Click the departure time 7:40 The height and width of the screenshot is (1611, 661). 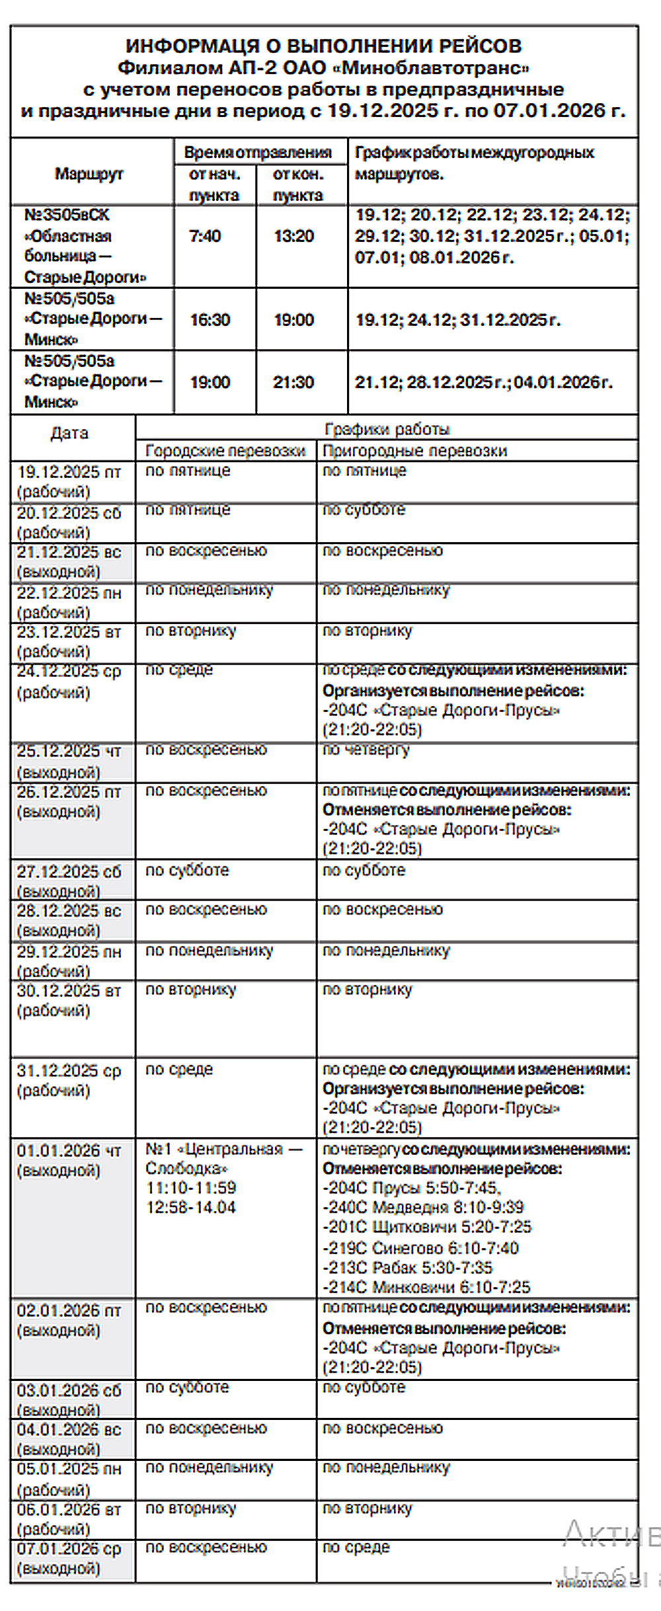click(205, 237)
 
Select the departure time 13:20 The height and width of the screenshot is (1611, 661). click(294, 237)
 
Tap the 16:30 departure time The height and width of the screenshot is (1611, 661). click(210, 320)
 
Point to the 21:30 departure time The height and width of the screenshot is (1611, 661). click(293, 382)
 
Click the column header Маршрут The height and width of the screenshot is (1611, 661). click(89, 174)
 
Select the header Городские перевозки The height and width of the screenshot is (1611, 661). click(225, 451)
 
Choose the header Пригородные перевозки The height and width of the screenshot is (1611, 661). click(414, 451)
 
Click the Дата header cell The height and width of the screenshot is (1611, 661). click(69, 434)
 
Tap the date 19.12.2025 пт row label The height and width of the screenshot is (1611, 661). click(69, 472)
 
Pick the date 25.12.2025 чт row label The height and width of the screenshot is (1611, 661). click(69, 752)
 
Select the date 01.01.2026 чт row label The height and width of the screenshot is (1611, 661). click(69, 1151)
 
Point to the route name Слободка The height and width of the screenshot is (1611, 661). click(186, 1168)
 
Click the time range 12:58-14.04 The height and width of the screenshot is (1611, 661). click(191, 1207)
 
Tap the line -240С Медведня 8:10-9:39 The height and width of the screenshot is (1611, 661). click(423, 1207)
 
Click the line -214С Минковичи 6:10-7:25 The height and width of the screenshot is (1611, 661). click(426, 1287)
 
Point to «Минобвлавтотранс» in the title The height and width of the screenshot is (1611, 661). click(436, 67)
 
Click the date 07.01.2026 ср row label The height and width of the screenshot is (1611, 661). click(69, 1549)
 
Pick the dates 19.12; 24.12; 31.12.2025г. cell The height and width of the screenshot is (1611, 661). click(458, 320)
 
